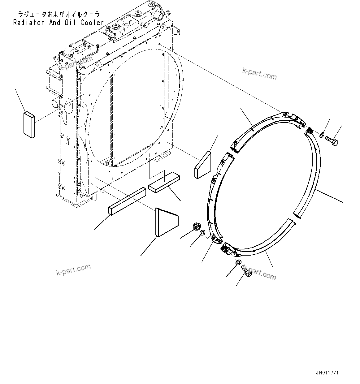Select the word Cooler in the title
coord(92,22)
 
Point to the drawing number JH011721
coord(327,373)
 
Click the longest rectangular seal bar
coord(127,201)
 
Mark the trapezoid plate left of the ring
coord(202,165)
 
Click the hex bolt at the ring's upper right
coord(332,142)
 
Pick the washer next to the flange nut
coord(202,233)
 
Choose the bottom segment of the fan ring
coord(263,244)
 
